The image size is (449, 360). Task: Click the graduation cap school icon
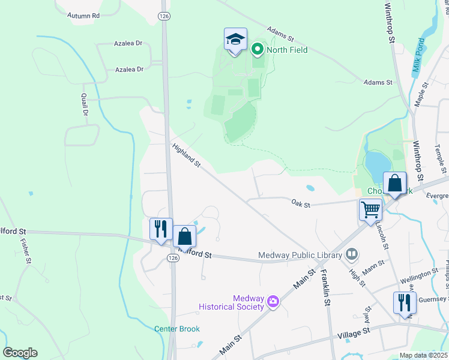pyautogui.click(x=235, y=41)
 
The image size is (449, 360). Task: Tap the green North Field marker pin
pyautogui.click(x=258, y=49)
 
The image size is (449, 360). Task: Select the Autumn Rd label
pyautogui.click(x=83, y=16)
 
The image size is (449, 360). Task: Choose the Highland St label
pyautogui.click(x=185, y=155)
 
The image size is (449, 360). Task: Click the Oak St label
pyautogui.click(x=301, y=205)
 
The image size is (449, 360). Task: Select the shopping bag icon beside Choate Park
pyautogui.click(x=395, y=184)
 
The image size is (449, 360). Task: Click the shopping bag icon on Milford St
pyautogui.click(x=184, y=236)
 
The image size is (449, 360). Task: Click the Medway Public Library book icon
pyautogui.click(x=352, y=255)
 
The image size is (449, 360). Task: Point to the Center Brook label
pyautogui.click(x=176, y=329)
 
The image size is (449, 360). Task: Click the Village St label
pyautogui.click(x=354, y=334)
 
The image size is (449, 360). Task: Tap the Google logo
pyautogui.click(x=20, y=353)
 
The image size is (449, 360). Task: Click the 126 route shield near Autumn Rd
pyautogui.click(x=163, y=17)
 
